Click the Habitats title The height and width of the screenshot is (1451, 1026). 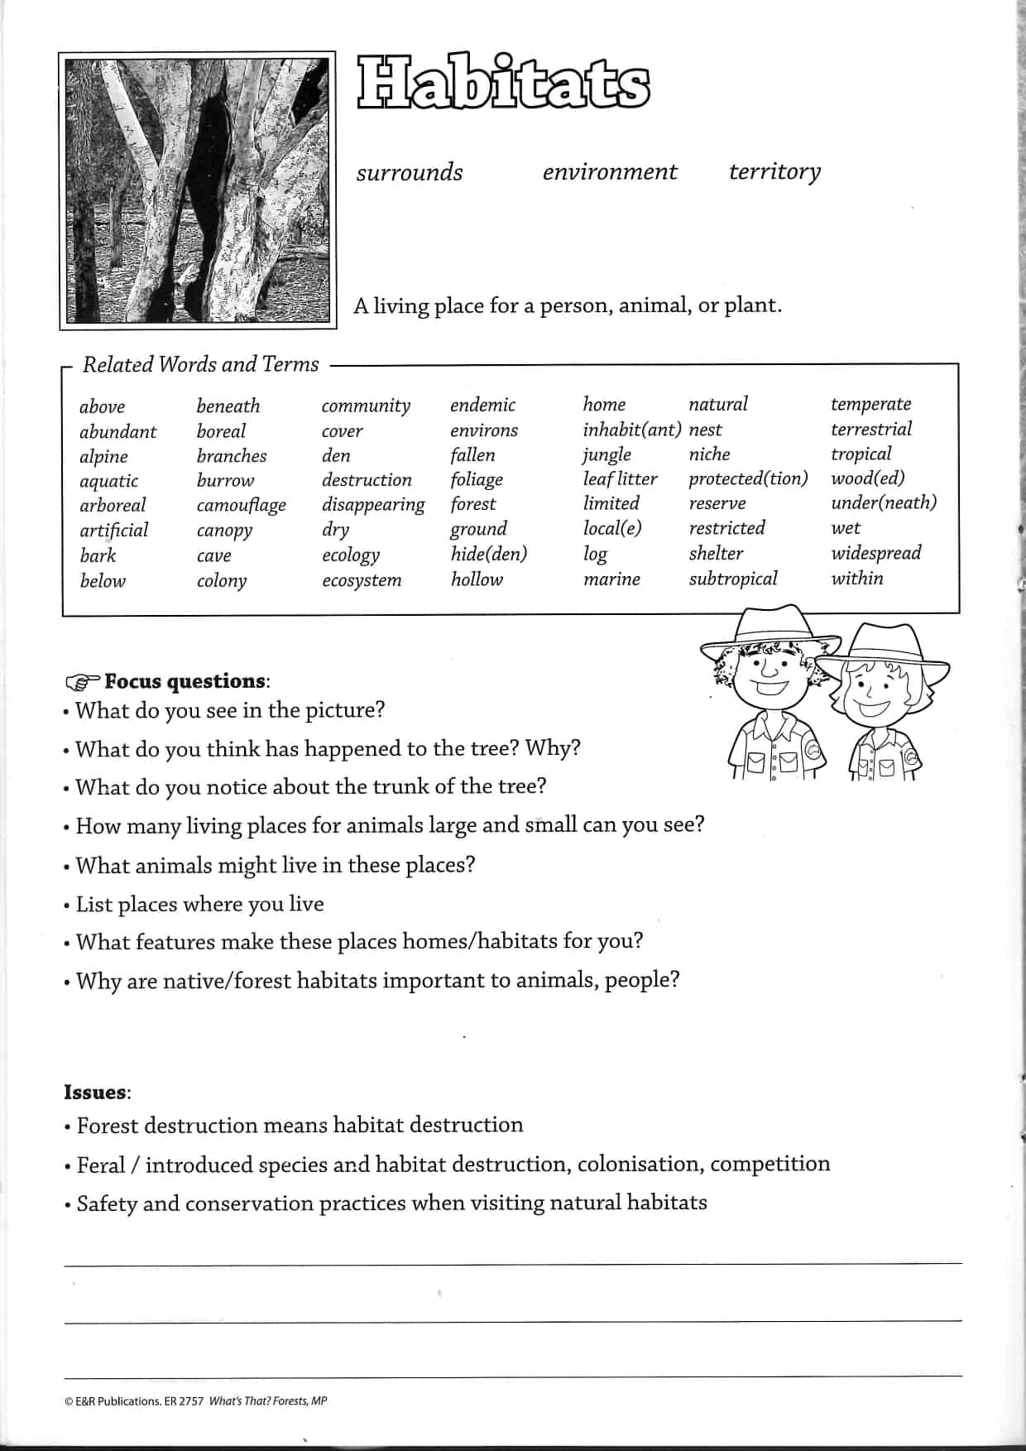504,84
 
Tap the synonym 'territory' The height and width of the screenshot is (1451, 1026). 774,171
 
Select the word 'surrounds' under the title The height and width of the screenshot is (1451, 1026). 410,172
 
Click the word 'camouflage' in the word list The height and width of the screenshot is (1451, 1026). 241,505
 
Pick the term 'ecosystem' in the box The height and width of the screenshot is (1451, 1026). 362,580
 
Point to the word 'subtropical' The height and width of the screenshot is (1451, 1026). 733,579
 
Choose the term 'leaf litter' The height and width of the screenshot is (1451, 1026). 620,478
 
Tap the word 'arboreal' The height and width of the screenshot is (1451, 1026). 113,505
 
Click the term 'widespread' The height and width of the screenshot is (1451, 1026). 875,553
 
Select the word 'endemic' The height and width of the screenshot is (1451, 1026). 482,405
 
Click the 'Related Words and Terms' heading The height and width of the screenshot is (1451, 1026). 200,364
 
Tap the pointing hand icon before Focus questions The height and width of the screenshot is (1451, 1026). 82,682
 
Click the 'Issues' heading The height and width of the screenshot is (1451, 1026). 96,1092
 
